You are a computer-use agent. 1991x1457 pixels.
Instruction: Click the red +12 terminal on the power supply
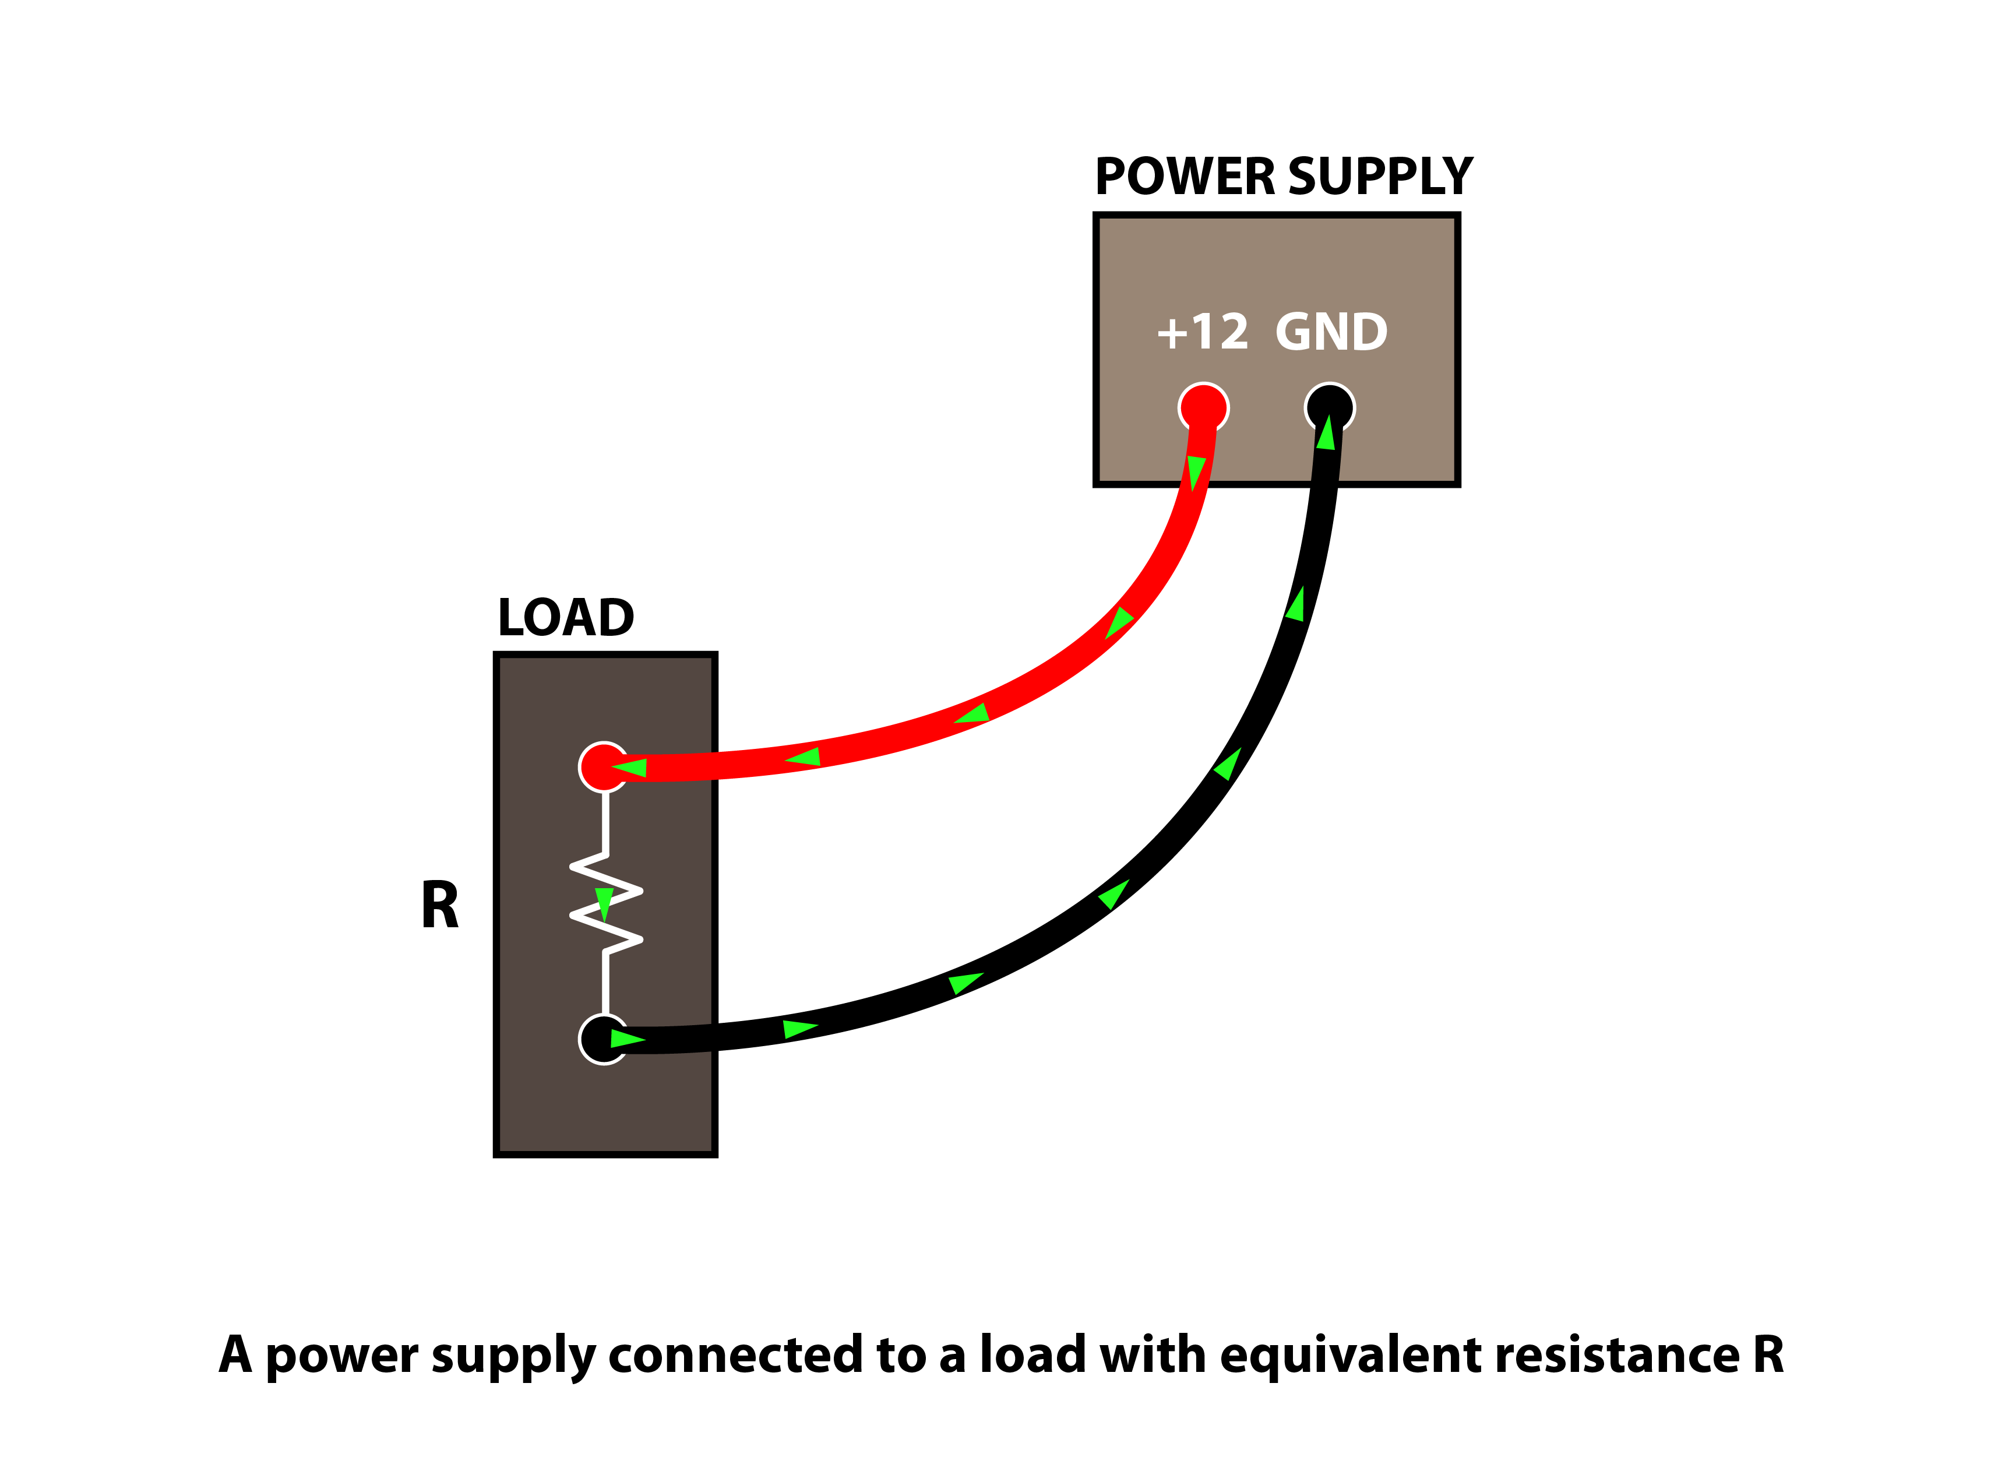(x=1203, y=406)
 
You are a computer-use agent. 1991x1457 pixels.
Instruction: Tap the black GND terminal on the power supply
(x=1330, y=406)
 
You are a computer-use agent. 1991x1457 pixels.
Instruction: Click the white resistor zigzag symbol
(x=606, y=903)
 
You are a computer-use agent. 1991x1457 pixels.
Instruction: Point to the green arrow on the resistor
(x=604, y=903)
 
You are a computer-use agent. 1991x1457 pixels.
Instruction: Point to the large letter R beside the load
(x=440, y=906)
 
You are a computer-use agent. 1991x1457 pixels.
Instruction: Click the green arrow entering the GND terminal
(x=1325, y=433)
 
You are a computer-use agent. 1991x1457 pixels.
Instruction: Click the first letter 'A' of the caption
(x=235, y=1354)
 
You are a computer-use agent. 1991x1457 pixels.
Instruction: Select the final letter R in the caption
(x=1768, y=1354)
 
